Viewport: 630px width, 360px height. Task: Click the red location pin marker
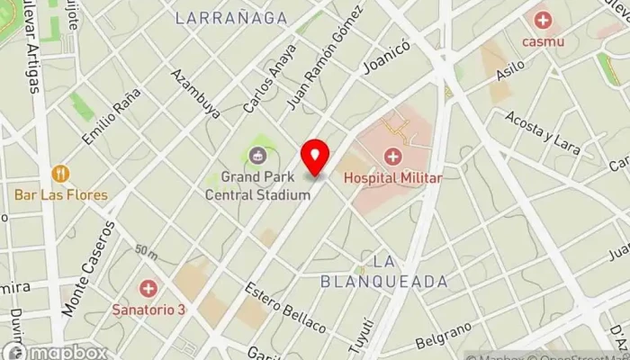315,156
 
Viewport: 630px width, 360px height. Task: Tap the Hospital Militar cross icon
392,157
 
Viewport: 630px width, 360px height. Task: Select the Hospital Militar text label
392,178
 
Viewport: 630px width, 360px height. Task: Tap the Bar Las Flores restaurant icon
60,174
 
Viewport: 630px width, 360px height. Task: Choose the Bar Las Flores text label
60,194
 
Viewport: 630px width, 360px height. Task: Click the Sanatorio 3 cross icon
148,289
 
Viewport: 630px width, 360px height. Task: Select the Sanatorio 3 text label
149,310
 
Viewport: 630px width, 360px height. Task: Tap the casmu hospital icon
543,20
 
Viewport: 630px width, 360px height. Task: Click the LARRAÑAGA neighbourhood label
231,18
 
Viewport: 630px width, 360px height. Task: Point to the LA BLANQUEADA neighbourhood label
384,272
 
